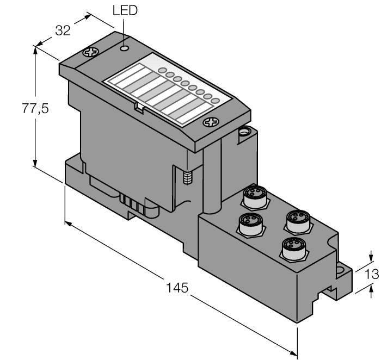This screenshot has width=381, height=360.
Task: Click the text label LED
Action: tap(124, 10)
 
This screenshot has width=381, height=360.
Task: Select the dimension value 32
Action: tap(64, 30)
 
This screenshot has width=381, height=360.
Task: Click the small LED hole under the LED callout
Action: tap(125, 49)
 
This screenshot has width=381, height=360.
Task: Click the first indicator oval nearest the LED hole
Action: tap(162, 71)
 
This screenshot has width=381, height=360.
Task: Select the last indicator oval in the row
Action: tap(215, 101)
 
